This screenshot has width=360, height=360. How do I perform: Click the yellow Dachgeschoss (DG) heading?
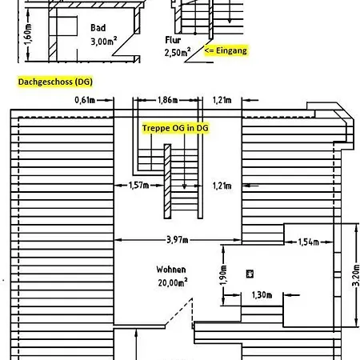pyautogui.click(x=55, y=82)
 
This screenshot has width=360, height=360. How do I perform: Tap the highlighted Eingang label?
pyautogui.click(x=226, y=50)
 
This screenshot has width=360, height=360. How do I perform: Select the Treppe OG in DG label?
pyautogui.click(x=175, y=128)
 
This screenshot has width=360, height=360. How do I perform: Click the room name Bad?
pyautogui.click(x=98, y=28)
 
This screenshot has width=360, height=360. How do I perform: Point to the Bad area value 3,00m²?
pyautogui.click(x=104, y=42)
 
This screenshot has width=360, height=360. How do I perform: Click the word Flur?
pyautogui.click(x=173, y=40)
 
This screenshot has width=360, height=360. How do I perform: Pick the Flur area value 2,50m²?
pyautogui.click(x=178, y=52)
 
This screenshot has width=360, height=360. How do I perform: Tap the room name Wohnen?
pyautogui.click(x=171, y=270)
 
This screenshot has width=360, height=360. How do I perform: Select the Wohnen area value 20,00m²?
pyautogui.click(x=173, y=282)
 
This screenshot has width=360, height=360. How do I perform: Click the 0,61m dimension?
pyautogui.click(x=85, y=100)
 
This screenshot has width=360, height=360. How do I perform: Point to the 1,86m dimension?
pyautogui.click(x=168, y=100)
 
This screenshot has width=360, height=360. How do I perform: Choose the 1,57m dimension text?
pyautogui.click(x=138, y=185)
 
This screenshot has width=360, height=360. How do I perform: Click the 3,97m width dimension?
pyautogui.click(x=178, y=240)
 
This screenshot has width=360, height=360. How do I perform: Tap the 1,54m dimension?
pyautogui.click(x=309, y=242)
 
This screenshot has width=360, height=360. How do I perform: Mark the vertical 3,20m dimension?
pyautogui.click(x=356, y=275)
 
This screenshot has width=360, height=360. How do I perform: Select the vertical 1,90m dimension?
pyautogui.click(x=223, y=275)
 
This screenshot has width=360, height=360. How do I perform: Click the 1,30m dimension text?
pyautogui.click(x=262, y=295)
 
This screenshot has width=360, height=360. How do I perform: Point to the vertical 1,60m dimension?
pyautogui.click(x=28, y=34)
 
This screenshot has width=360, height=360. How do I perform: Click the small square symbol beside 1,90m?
pyautogui.click(x=250, y=274)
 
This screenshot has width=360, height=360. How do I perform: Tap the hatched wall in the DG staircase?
pyautogui.click(x=167, y=182)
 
